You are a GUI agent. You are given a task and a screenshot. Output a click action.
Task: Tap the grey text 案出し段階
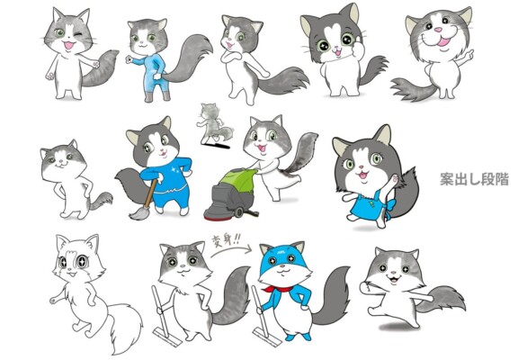coord(475,179)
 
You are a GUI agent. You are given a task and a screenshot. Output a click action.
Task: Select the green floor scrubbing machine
coord(231,193)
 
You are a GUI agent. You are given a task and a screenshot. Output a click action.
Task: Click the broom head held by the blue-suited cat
coord(138,213)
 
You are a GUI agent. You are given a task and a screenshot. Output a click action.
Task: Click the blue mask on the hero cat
coord(282,256)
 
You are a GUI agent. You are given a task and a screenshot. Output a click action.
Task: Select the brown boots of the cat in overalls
coord(157,96)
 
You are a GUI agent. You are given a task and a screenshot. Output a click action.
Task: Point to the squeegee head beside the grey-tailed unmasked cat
coord(167,337)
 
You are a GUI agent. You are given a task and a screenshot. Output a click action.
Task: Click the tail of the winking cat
coord(100,68)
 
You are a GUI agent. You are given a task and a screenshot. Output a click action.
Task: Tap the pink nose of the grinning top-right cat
coord(438,30)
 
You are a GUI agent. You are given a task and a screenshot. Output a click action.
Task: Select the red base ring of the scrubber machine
coord(216,219)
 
